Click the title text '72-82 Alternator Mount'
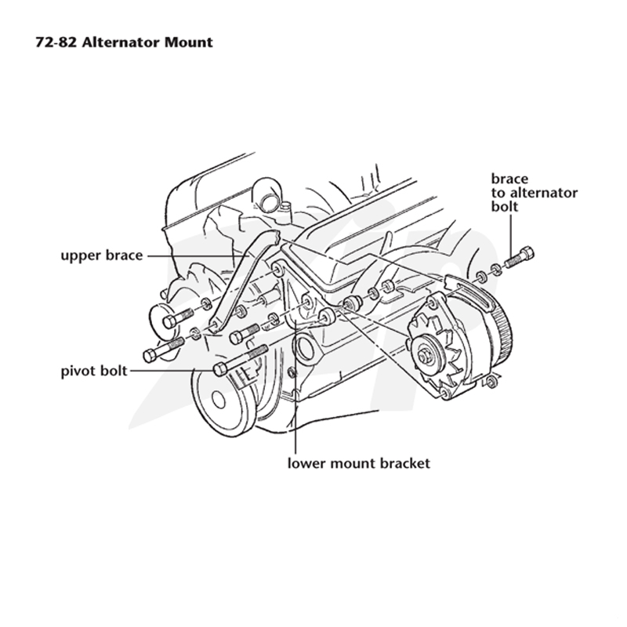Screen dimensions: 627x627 (x=124, y=42)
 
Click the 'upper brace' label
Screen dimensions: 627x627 (x=102, y=256)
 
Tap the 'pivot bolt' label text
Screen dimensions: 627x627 (x=94, y=371)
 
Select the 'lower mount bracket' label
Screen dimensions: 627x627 (x=359, y=463)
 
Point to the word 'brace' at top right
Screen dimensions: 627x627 (x=509, y=179)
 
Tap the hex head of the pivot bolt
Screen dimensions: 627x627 (x=220, y=368)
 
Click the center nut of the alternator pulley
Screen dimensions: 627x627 (x=423, y=356)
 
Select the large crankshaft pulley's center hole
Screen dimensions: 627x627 (x=219, y=399)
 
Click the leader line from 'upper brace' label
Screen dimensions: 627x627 (x=197, y=256)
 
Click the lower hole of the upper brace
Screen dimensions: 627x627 (x=215, y=325)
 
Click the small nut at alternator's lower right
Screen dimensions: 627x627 (x=493, y=382)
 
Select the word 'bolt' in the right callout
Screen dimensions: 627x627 (x=505, y=206)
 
